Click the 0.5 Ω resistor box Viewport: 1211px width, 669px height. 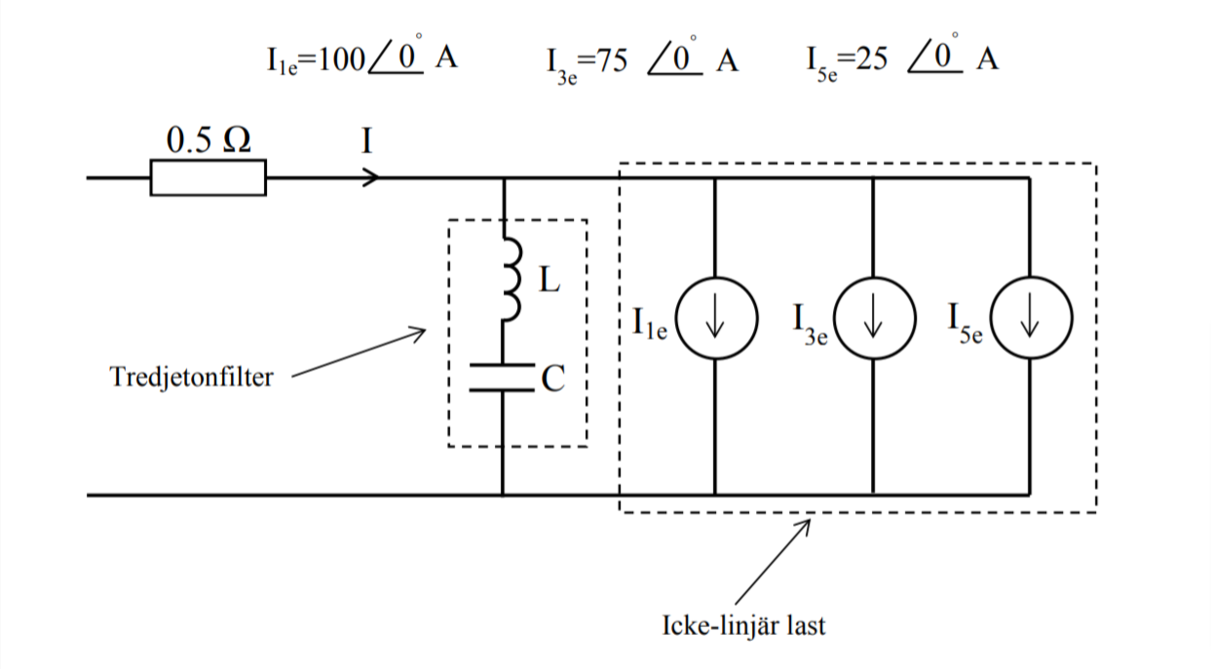pyautogui.click(x=208, y=179)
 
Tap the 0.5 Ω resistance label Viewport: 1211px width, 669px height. pyautogui.click(x=208, y=141)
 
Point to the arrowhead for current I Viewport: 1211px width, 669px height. pyautogui.click(x=371, y=178)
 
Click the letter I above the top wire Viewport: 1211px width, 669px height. pyautogui.click(x=366, y=143)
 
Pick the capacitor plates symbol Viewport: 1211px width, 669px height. pyautogui.click(x=503, y=378)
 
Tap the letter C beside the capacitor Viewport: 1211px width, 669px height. pyautogui.click(x=553, y=379)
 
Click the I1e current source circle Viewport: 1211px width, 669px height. pyautogui.click(x=716, y=321)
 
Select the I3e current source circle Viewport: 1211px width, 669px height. pyautogui.click(x=872, y=321)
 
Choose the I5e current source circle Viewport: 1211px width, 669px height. pyautogui.click(x=1030, y=321)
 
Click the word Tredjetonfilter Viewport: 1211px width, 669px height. pyautogui.click(x=192, y=376)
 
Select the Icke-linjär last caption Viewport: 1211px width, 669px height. pyautogui.click(x=741, y=624)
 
